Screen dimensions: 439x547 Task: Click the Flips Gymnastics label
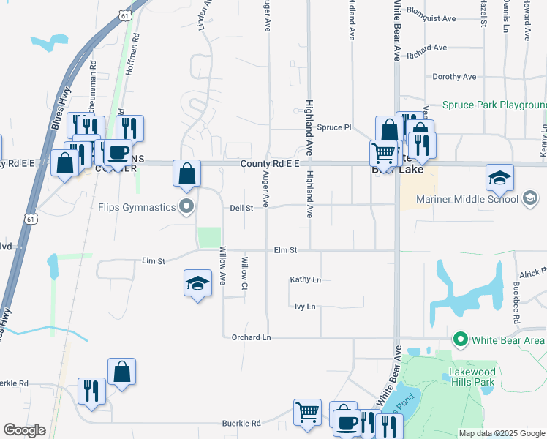[137, 207]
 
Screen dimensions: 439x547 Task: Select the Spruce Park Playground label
[494, 105]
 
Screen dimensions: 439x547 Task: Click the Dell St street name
[241, 208]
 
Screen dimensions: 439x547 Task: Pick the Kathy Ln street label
[305, 279]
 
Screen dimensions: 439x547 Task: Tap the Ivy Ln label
[305, 307]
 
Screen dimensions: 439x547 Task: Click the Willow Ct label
[246, 272]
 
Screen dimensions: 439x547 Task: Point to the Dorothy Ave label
[454, 76]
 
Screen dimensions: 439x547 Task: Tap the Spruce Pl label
[334, 127]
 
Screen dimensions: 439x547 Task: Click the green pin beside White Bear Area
[460, 339]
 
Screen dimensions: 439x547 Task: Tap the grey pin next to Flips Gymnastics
[186, 207]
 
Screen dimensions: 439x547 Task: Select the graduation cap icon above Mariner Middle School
[499, 178]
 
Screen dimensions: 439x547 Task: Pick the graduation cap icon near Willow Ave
[197, 283]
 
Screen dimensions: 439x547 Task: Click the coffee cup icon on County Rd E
[118, 152]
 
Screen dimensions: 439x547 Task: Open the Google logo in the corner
[24, 430]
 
